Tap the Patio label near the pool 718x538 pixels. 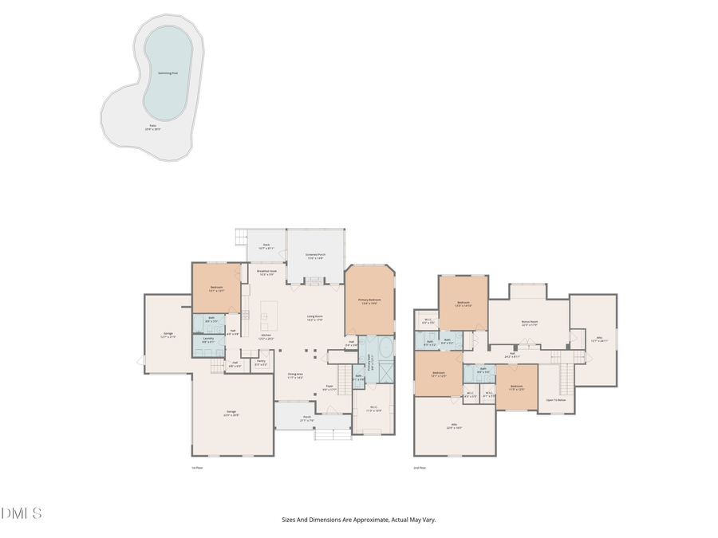pyautogui.click(x=152, y=127)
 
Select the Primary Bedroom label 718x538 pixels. pyautogui.click(x=369, y=300)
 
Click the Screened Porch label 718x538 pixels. pyautogui.click(x=315, y=257)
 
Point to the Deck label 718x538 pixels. pyautogui.click(x=267, y=247)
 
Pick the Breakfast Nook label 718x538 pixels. pyautogui.click(x=266, y=273)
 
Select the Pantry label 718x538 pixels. pyautogui.click(x=261, y=363)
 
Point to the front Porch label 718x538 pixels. pyautogui.click(x=306, y=418)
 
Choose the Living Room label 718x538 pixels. pyautogui.click(x=314, y=318)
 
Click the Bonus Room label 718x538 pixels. pyautogui.click(x=529, y=324)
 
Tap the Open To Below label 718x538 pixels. pyautogui.click(x=555, y=399)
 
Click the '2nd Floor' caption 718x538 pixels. pyautogui.click(x=420, y=468)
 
